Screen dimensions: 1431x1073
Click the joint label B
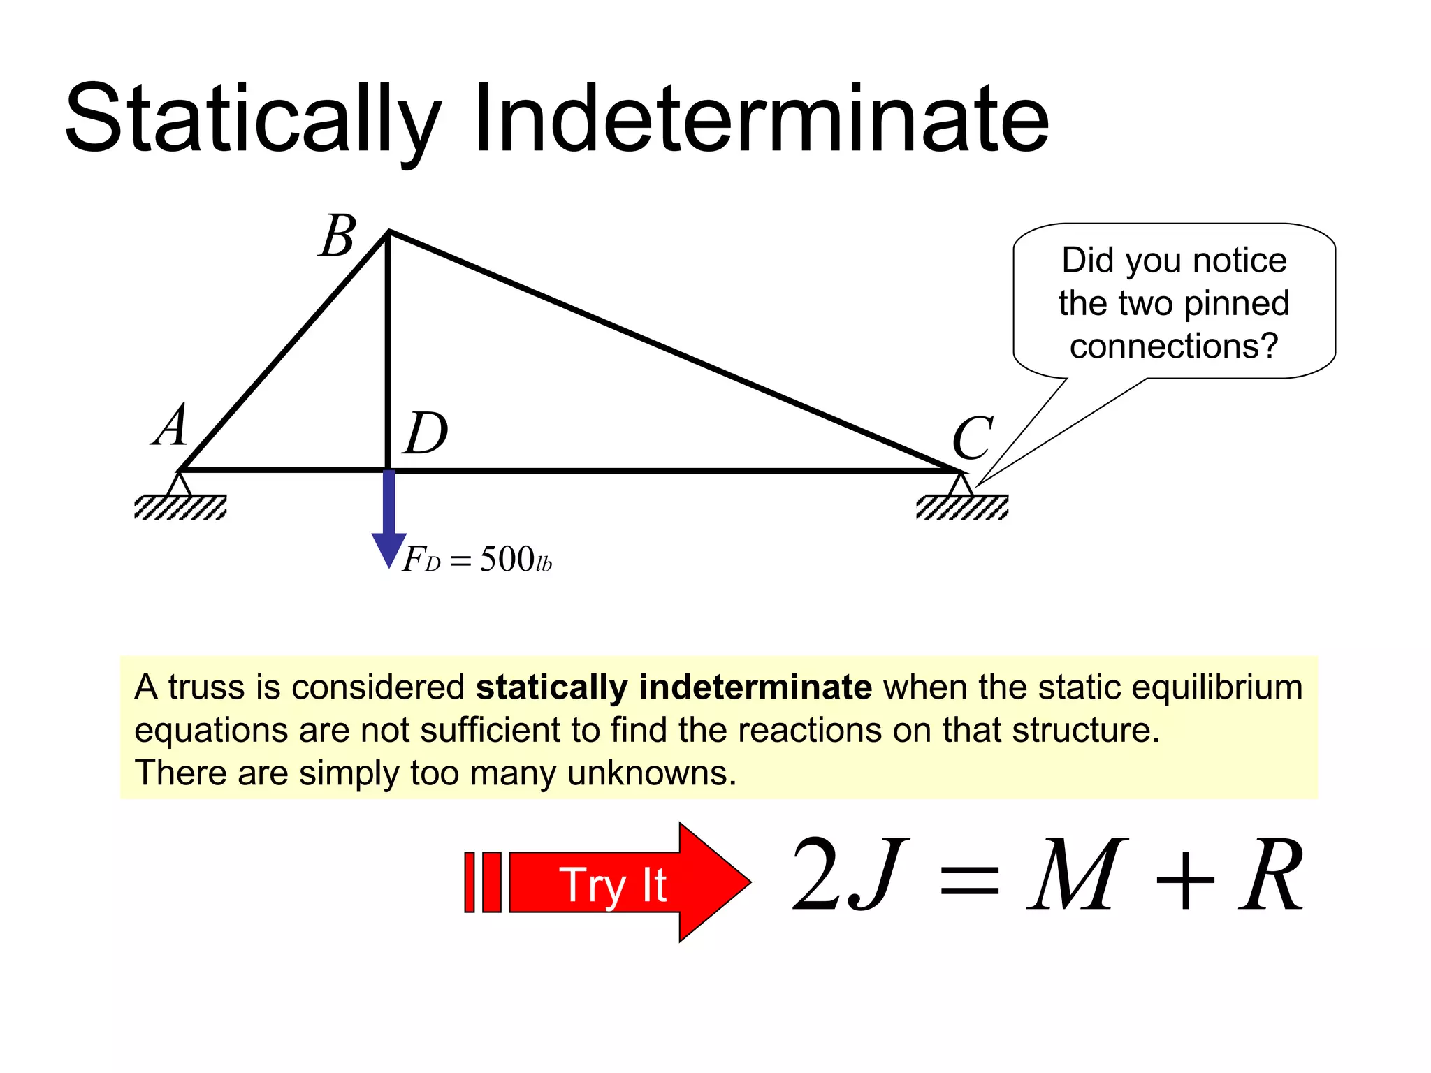pos(339,236)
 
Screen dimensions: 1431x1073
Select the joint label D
pos(425,433)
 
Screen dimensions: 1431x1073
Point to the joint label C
pos(972,437)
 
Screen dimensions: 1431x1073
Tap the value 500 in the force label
pos(507,559)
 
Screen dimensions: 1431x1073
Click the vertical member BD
pos(388,349)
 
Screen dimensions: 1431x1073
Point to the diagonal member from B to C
pos(671,349)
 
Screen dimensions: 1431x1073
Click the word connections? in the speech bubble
pos(1173,346)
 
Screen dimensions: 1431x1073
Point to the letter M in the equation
pos(1076,875)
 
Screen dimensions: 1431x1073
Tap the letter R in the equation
pos(1270,875)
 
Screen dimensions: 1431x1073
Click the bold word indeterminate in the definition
pos(755,687)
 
